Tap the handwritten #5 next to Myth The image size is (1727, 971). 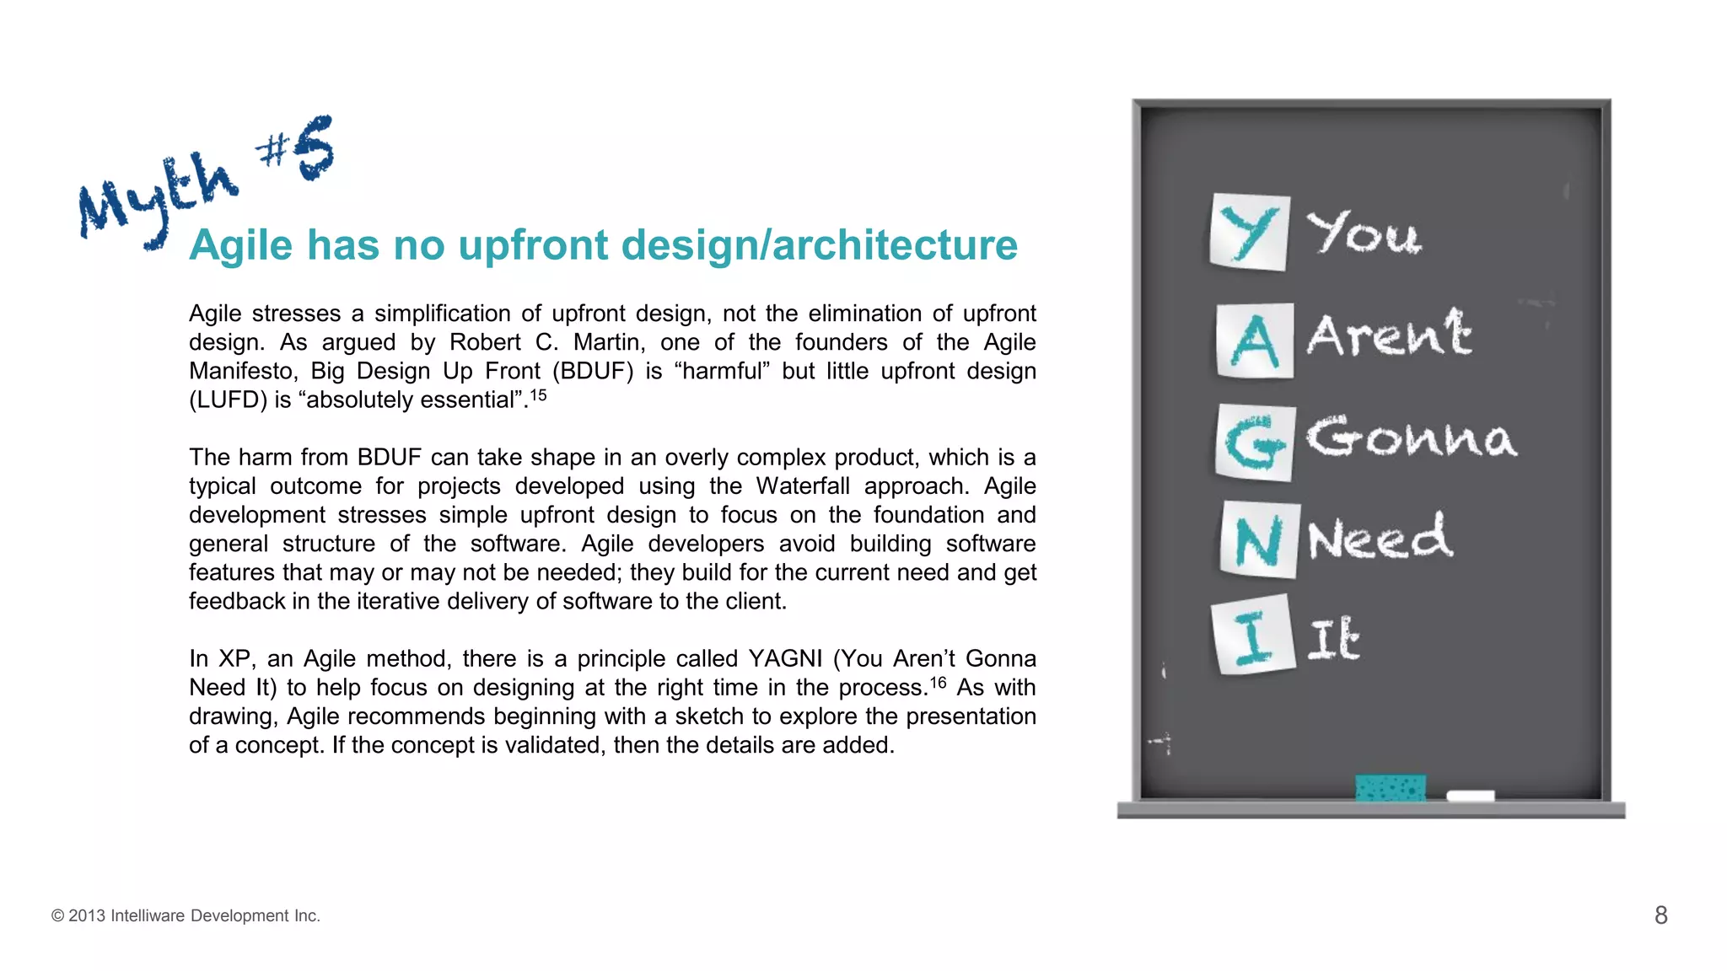(297, 149)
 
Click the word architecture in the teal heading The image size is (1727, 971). (895, 245)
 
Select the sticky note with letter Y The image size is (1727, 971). (1249, 232)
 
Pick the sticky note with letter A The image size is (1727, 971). (1255, 341)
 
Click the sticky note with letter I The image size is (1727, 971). (1253, 636)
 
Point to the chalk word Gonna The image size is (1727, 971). (1411, 437)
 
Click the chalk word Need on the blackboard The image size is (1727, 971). (1380, 538)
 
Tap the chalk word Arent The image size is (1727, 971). (1389, 334)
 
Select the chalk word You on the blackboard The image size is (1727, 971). (1364, 233)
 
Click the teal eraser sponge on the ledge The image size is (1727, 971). (1391, 787)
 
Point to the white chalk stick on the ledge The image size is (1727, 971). (1470, 795)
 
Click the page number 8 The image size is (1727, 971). (1660, 915)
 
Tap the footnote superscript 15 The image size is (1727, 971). (538, 394)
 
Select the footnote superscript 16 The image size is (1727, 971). (938, 682)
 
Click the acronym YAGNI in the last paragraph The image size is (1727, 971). (784, 658)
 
